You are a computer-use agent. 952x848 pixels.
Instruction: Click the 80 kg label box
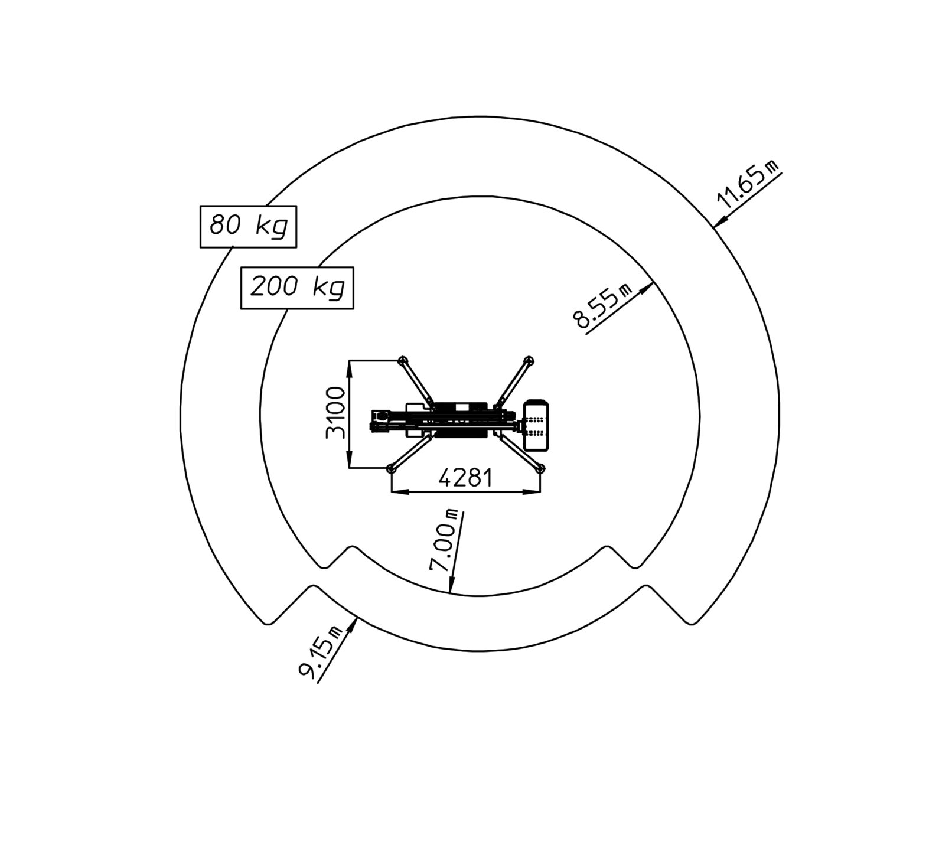pos(248,227)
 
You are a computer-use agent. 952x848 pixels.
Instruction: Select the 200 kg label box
pos(297,288)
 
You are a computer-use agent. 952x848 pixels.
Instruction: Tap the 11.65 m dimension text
pos(748,184)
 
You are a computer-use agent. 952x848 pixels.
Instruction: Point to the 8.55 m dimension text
pos(603,305)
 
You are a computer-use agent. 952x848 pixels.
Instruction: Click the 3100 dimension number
pos(335,413)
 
